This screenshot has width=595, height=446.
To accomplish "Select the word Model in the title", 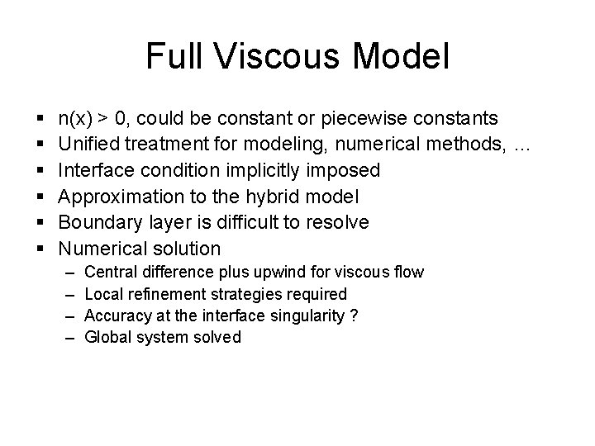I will (405, 57).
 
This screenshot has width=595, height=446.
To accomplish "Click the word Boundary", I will (95, 222).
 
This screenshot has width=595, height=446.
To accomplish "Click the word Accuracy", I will (116, 315).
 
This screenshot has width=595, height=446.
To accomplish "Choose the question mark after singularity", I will (355, 315).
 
